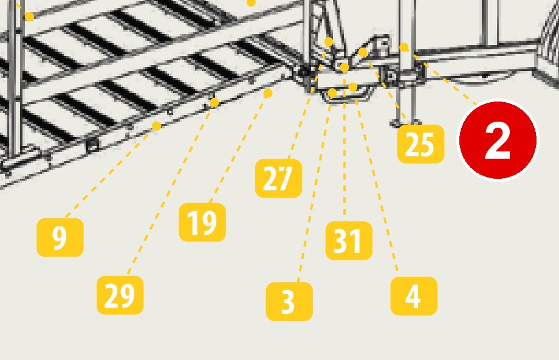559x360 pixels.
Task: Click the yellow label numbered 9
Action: tap(60, 237)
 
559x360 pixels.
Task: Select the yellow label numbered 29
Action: tap(120, 295)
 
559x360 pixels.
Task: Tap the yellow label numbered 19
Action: tap(202, 223)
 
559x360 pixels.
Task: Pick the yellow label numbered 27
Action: tap(278, 178)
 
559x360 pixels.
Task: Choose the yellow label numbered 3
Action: tap(289, 302)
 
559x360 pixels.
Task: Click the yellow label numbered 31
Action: tap(349, 240)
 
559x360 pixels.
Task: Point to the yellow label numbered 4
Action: tap(414, 296)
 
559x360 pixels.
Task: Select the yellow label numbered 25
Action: tap(420, 144)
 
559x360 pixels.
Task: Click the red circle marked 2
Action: tap(498, 140)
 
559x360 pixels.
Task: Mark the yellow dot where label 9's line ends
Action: tap(156, 126)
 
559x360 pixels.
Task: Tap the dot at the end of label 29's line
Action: tap(214, 103)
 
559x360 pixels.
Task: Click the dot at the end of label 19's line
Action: tap(268, 94)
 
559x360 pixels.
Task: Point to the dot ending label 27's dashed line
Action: tap(329, 42)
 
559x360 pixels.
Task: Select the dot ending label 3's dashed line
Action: tap(332, 93)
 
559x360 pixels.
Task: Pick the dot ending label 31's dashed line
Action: tap(345, 67)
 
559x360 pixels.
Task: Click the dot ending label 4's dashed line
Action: tap(352, 88)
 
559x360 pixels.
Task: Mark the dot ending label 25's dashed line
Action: tap(363, 53)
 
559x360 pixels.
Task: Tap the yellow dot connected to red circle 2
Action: tap(404, 47)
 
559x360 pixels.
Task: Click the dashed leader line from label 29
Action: tap(171, 189)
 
